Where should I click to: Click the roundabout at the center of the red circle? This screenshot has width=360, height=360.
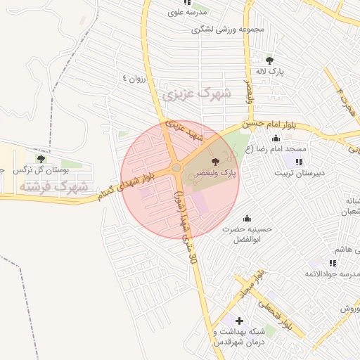pyautogui.click(x=176, y=169)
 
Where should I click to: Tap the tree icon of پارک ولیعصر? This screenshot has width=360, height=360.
pyautogui.click(x=225, y=162)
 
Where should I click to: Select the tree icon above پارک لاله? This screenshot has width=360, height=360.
pyautogui.click(x=270, y=60)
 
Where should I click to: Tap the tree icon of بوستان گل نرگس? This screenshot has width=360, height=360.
pyautogui.click(x=40, y=159)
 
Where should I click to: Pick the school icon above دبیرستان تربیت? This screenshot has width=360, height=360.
pyautogui.click(x=290, y=162)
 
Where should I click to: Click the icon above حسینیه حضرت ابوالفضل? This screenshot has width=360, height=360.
pyautogui.click(x=247, y=218)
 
